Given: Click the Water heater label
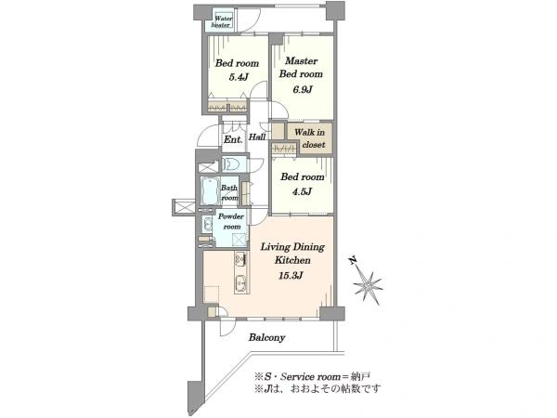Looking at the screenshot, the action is coord(222,21).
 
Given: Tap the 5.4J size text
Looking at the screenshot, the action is coord(238,77).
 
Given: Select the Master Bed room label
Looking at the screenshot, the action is coord(301,67).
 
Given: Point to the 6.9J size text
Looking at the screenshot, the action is coord(303,89).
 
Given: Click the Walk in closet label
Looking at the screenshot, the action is coord(310,138).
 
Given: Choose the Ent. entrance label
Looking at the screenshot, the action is coord(233,139).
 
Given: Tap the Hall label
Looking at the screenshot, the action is coord(257,137).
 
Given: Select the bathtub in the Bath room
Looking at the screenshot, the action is coord(210,190).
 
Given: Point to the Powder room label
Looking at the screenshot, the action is coord(231,221).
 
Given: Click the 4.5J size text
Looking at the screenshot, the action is coord(302,192).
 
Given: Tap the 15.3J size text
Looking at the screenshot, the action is coord(291,276).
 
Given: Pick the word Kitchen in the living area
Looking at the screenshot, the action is coord(292,260).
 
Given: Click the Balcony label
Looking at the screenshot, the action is coord(266,337).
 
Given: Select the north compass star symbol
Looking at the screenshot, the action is coord(369,285).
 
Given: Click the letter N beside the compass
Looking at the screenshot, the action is coord(352,260).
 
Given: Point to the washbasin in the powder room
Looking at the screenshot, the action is coord(207,224).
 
